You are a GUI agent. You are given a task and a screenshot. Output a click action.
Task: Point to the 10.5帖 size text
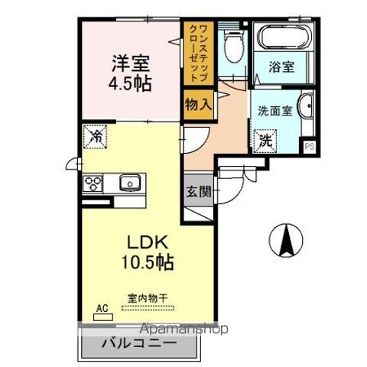147,264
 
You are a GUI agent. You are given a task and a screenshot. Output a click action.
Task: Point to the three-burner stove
94,183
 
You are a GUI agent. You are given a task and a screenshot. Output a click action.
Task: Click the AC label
100,309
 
